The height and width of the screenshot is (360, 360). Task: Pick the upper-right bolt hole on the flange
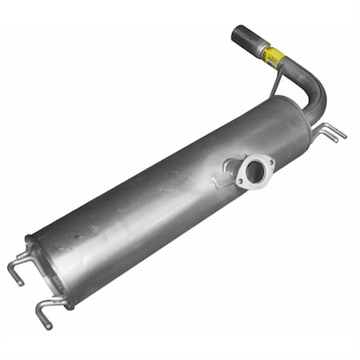[x=269, y=162]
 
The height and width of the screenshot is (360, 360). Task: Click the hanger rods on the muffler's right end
[x=330, y=131]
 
